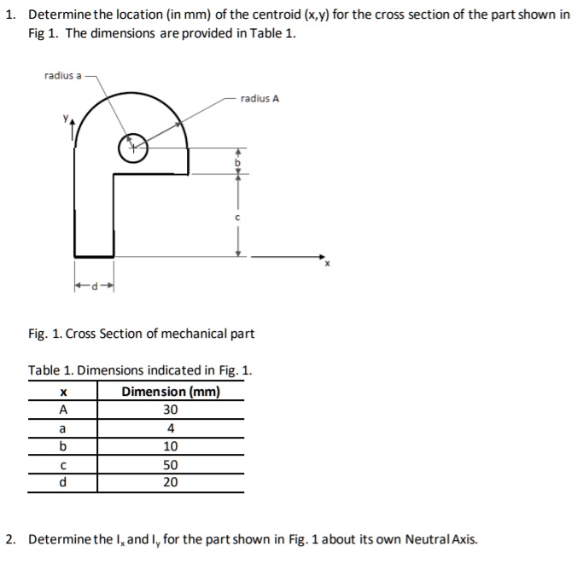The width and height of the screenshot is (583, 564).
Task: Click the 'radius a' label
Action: [x=62, y=76]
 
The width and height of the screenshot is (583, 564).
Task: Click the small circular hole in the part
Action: [x=132, y=148]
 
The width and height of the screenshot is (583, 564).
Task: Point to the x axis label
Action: [x=325, y=265]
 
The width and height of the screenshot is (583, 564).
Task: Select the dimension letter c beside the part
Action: [x=239, y=218]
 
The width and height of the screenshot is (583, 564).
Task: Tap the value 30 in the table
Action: [x=171, y=410]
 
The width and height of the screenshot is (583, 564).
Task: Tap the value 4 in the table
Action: [x=171, y=428]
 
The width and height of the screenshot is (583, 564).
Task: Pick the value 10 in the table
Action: [x=171, y=446]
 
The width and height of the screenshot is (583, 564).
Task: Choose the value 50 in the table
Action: [x=171, y=465]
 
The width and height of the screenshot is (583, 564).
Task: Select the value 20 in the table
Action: [x=171, y=482]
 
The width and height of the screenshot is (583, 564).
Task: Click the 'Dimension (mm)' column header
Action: [x=171, y=392]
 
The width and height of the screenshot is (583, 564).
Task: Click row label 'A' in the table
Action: [x=62, y=410]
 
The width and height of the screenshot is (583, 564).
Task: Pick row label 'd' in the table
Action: [x=62, y=482]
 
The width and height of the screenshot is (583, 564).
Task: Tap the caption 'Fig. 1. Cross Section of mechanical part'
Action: [x=141, y=333]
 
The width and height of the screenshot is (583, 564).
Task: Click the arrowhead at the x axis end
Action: [x=322, y=256]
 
